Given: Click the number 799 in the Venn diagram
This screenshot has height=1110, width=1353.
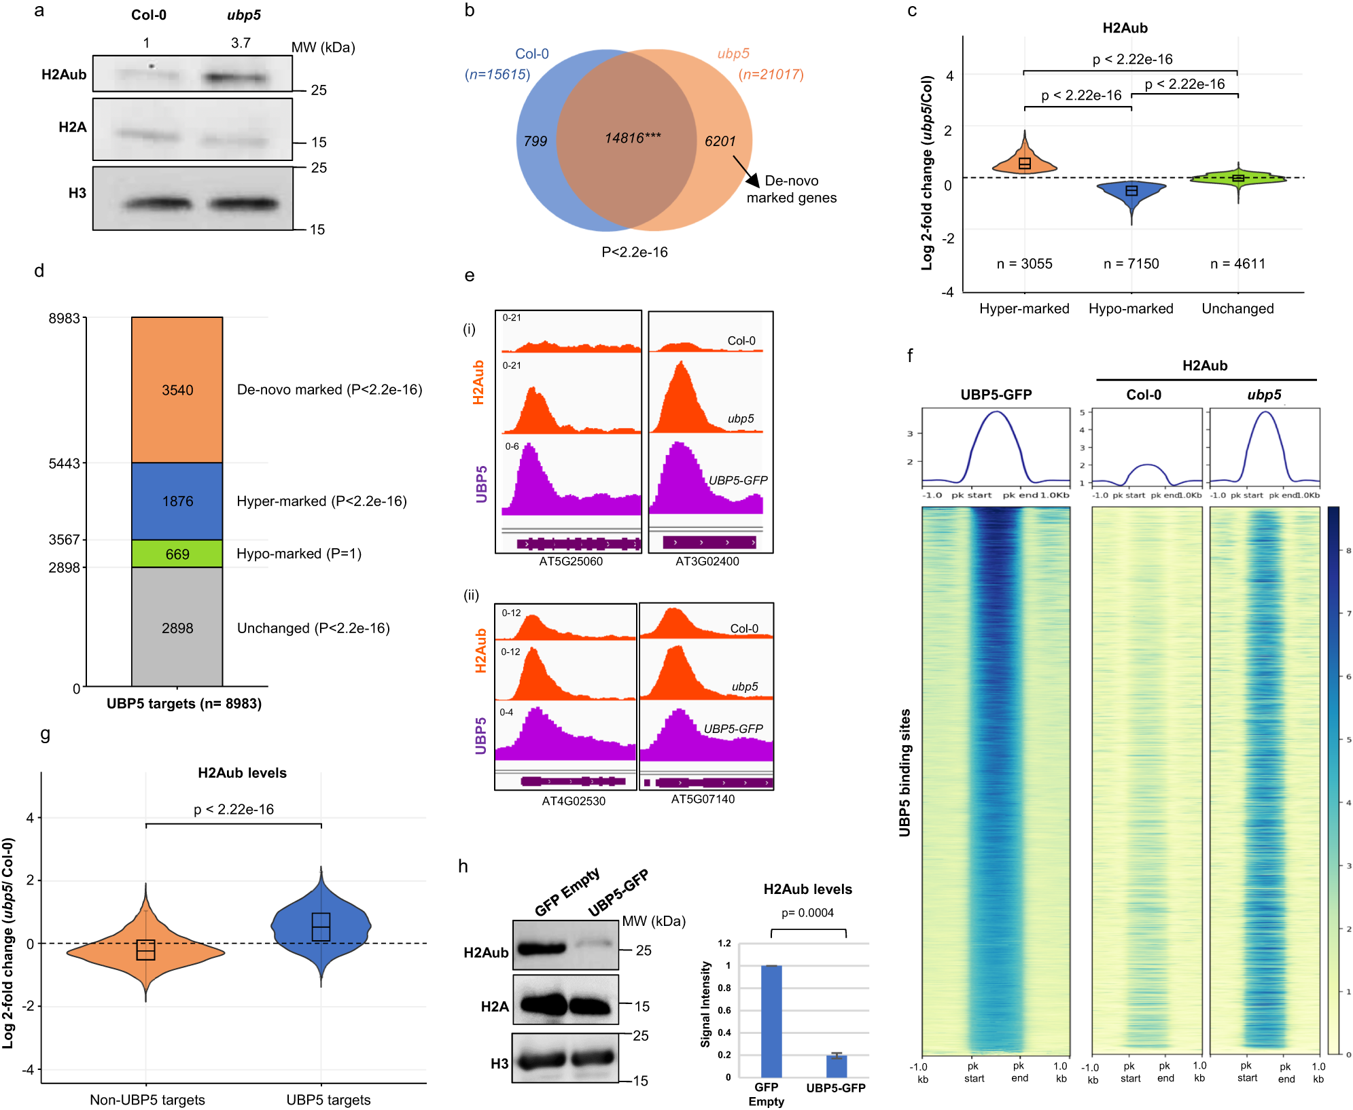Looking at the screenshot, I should (535, 141).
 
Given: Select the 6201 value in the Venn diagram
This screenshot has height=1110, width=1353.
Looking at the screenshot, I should (720, 141).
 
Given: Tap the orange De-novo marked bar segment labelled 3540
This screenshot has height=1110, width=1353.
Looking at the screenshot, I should (177, 390).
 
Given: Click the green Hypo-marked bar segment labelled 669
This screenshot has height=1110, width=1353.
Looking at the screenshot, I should (177, 554).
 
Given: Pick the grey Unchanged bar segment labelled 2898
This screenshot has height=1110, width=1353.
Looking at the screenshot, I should (177, 628).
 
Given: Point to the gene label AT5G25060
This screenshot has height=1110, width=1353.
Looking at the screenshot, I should (571, 562).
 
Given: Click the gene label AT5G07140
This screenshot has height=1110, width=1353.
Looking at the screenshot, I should (703, 800).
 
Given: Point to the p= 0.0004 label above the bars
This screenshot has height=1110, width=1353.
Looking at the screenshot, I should (807, 913).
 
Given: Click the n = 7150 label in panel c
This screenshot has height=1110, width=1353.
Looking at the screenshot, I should (1131, 264).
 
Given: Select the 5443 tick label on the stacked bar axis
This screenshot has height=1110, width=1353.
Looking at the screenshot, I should (64, 464).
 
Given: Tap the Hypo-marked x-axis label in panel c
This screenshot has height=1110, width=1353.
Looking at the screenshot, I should (1131, 309).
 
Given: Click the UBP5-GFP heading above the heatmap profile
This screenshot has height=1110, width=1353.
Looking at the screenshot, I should (996, 395).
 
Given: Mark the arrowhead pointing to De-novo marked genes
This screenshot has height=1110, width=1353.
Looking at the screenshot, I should (752, 180).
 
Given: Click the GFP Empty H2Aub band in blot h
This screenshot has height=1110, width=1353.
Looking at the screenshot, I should (541, 948).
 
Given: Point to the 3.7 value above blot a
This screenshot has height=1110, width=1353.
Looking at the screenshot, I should (241, 43).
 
